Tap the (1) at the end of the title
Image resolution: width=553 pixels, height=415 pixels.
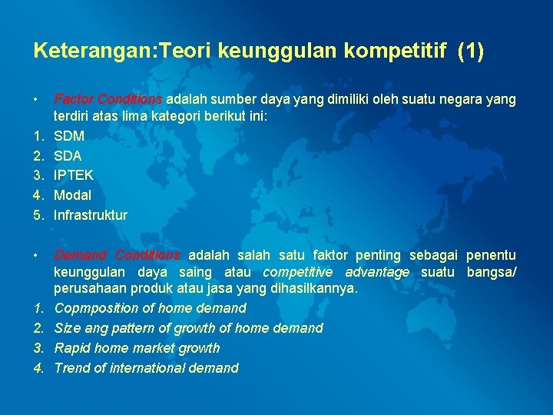[470, 51]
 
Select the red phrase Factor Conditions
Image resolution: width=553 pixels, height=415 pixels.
[108, 100]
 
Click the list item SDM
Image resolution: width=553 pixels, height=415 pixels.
[69, 136]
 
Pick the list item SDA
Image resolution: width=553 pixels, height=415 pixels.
[68, 156]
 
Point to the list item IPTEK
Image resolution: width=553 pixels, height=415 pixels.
[74, 176]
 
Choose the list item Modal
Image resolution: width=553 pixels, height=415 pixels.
[72, 196]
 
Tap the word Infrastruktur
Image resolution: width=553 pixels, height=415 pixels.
[91, 216]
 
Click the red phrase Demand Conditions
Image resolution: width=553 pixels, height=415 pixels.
[118, 255]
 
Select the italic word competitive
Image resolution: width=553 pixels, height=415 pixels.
[298, 273]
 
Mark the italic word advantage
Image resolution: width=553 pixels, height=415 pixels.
[377, 273]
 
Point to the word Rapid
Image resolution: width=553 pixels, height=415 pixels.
[72, 348]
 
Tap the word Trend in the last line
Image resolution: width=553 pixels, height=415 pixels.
[71, 368]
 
